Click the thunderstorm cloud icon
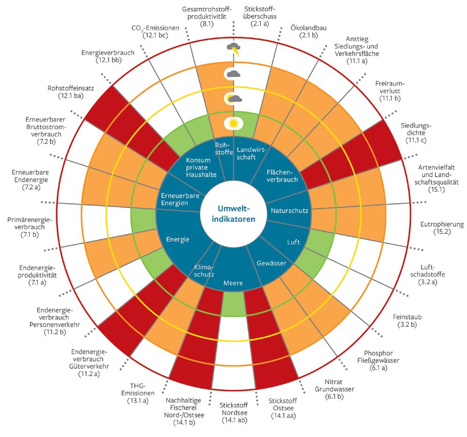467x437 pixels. (x=234, y=48)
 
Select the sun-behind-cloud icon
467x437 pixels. (x=233, y=99)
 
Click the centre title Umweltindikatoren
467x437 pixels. (x=233, y=213)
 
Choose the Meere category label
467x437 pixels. (x=233, y=283)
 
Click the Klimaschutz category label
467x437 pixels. (x=205, y=270)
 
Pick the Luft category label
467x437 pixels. (x=293, y=242)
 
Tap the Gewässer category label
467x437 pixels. (x=271, y=264)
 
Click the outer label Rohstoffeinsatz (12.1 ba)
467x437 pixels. (x=68, y=93)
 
